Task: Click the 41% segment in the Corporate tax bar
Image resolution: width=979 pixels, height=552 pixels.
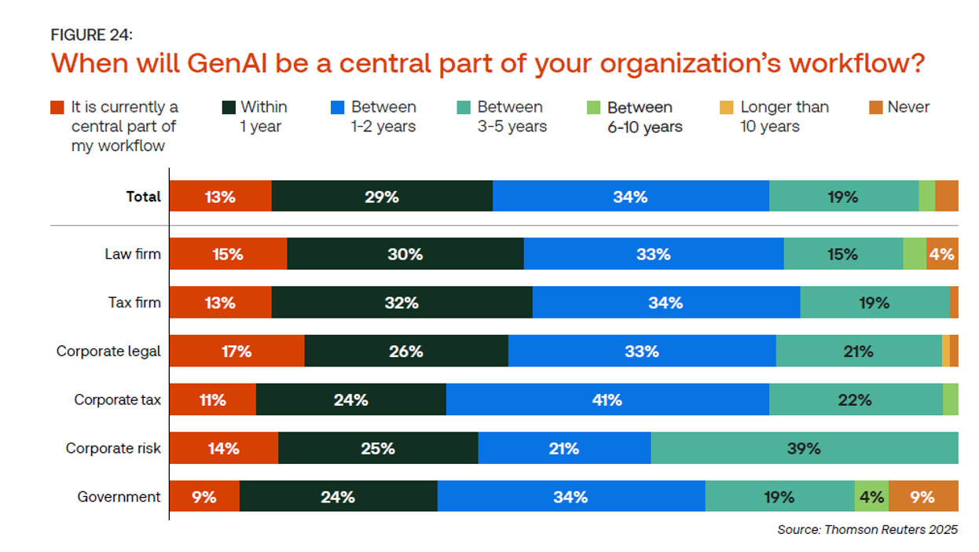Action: click(x=607, y=399)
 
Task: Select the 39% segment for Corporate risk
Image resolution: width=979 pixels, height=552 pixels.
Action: click(x=804, y=448)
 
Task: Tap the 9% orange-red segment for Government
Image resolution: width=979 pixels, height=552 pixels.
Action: click(x=204, y=496)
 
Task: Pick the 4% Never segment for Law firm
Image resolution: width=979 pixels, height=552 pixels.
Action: click(x=941, y=254)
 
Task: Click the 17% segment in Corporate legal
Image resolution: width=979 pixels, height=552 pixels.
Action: click(x=236, y=351)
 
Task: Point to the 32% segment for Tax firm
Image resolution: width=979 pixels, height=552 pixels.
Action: click(x=401, y=303)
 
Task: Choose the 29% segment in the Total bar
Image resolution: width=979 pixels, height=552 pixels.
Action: click(x=382, y=197)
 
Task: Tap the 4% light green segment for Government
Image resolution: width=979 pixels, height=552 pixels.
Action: click(x=871, y=496)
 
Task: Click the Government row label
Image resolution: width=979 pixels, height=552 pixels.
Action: click(x=119, y=496)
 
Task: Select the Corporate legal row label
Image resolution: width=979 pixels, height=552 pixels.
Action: click(x=108, y=351)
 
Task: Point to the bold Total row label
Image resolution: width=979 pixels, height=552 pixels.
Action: click(x=143, y=197)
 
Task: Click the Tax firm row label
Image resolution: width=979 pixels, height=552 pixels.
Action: click(x=134, y=303)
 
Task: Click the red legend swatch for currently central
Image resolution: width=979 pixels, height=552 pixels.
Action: click(x=57, y=108)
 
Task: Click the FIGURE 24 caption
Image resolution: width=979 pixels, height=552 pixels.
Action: click(x=92, y=35)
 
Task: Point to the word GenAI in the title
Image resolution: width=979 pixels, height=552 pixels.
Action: click(x=235, y=63)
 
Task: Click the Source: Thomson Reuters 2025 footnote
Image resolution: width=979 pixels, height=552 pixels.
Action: click(x=867, y=529)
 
